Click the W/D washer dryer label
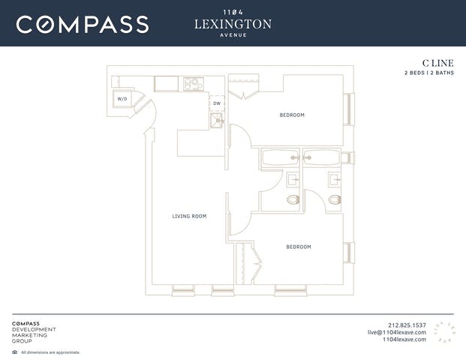click(122, 99)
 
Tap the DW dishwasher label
click(217, 103)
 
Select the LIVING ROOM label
click(189, 216)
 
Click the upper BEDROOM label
click(292, 115)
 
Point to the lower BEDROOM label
click(299, 247)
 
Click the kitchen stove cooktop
click(194, 84)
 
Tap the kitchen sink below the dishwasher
click(217, 120)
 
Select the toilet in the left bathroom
click(293, 199)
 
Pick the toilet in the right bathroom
click(335, 199)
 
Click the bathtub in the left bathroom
click(280, 157)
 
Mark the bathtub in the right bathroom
click(322, 157)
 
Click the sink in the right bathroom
click(335, 180)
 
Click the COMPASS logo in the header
click(83, 25)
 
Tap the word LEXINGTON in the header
click(233, 24)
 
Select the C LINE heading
click(438, 63)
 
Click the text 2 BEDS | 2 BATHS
click(429, 73)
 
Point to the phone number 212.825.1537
click(407, 325)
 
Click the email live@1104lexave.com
click(397, 332)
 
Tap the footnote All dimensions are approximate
click(50, 352)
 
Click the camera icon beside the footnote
click(14, 352)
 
